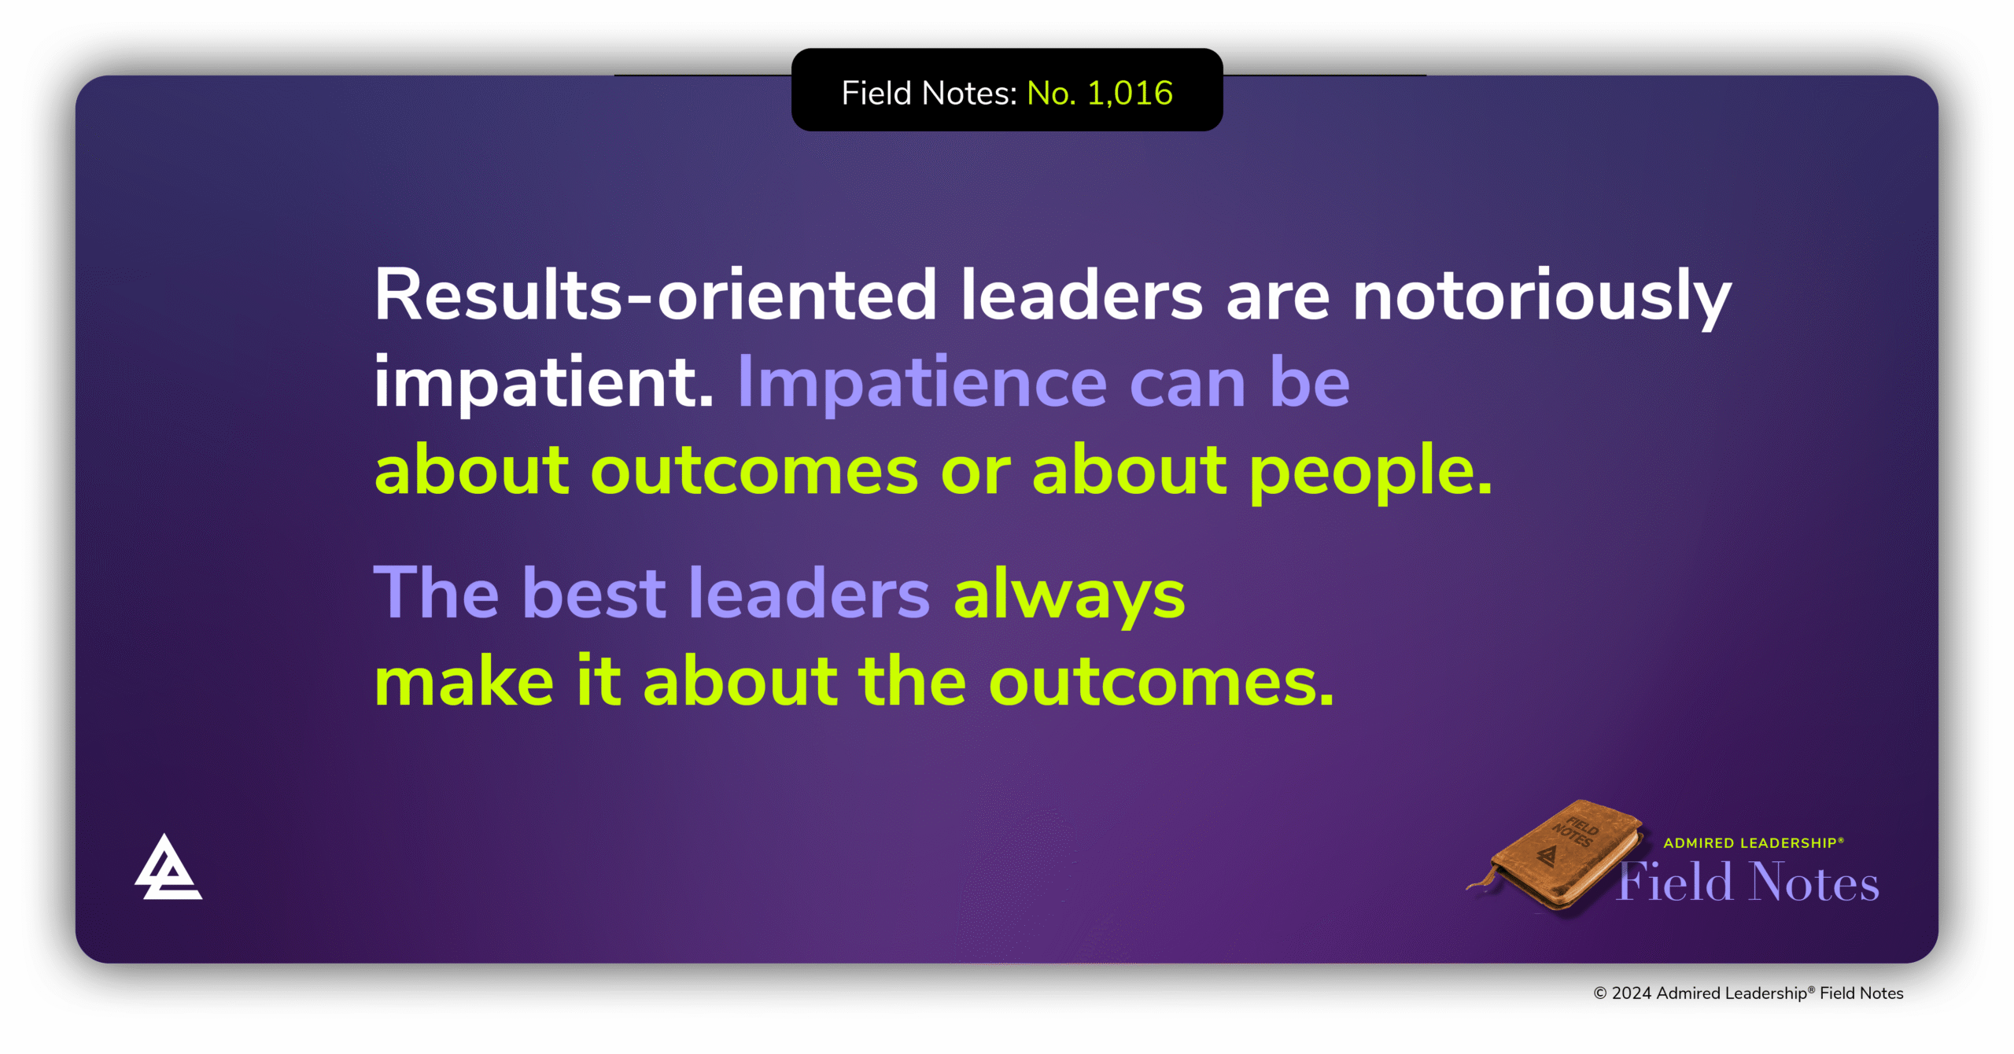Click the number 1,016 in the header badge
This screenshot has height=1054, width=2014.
[x=1130, y=94]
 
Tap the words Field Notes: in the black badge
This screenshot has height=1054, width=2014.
[x=929, y=94]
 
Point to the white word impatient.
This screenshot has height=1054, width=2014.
[x=543, y=383]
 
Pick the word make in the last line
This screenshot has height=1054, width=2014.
[x=463, y=681]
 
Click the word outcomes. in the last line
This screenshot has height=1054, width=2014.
[x=1160, y=681]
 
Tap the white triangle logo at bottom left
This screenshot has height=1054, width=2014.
[x=168, y=869]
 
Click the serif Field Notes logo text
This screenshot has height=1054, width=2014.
[x=1748, y=883]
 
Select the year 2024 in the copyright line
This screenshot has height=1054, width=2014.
[x=1631, y=993]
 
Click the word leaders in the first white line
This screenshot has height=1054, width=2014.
[x=1081, y=295]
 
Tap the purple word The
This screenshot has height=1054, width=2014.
[x=436, y=593]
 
